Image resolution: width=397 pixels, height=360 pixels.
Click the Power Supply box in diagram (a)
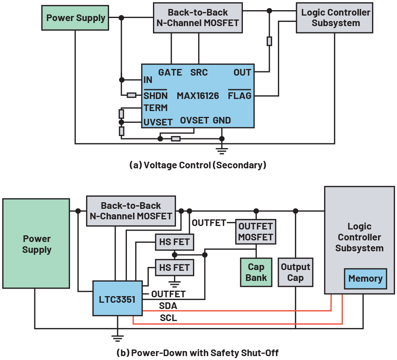click(76, 18)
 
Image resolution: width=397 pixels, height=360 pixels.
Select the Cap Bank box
click(256, 272)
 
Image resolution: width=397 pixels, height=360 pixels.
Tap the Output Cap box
click(295, 272)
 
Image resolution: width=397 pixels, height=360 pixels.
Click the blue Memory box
click(365, 279)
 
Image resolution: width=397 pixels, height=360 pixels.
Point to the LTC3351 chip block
click(117, 298)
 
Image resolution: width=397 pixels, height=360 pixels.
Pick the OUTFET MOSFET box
click(256, 232)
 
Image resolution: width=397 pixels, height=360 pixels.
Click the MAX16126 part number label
click(198, 96)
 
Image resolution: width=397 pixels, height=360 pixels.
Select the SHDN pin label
click(156, 96)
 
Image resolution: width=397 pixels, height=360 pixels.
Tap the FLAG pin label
click(239, 96)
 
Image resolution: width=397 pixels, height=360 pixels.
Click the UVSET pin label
click(158, 122)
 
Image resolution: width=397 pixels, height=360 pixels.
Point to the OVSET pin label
click(194, 120)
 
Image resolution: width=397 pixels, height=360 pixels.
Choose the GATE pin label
click(170, 72)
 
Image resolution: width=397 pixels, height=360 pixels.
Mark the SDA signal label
click(168, 306)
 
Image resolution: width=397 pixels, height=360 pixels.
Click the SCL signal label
click(168, 318)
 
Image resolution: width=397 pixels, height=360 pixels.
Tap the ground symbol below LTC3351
click(117, 337)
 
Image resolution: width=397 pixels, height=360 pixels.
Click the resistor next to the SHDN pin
click(132, 95)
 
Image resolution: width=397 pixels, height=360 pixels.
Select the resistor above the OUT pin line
click(269, 41)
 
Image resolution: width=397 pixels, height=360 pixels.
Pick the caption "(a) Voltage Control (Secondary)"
click(198, 165)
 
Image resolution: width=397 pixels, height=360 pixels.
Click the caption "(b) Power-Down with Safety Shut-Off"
click(198, 353)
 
